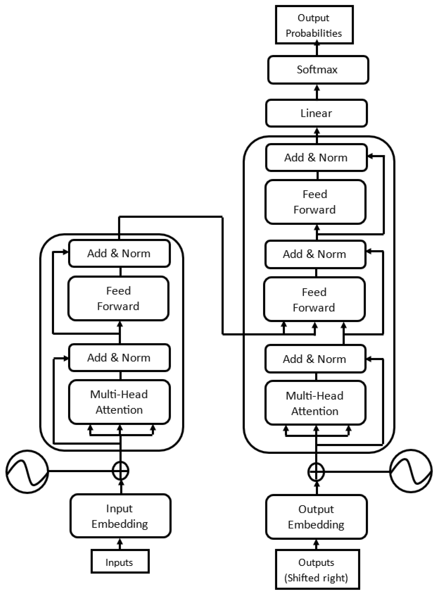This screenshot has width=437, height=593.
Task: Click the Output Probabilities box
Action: click(314, 25)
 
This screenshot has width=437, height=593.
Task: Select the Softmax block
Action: click(318, 70)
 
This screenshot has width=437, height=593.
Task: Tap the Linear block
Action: click(316, 113)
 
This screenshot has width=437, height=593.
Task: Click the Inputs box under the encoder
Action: click(120, 562)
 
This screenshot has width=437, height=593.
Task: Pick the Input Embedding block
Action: click(120, 516)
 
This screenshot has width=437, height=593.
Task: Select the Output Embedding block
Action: click(316, 517)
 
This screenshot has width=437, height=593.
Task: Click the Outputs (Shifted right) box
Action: click(317, 570)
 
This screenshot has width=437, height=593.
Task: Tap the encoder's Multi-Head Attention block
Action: click(119, 402)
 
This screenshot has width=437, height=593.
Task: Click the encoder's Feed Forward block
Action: click(118, 299)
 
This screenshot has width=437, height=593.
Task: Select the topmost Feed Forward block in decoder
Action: click(315, 202)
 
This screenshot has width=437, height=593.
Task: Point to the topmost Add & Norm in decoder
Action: click(316, 158)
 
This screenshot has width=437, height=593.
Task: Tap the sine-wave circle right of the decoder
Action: click(411, 471)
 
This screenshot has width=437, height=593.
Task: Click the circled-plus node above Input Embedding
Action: click(121, 471)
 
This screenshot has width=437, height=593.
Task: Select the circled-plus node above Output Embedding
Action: click(316, 472)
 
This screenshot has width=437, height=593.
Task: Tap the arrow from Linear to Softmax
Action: click(317, 92)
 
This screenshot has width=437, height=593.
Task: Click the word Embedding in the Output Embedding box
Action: click(316, 525)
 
